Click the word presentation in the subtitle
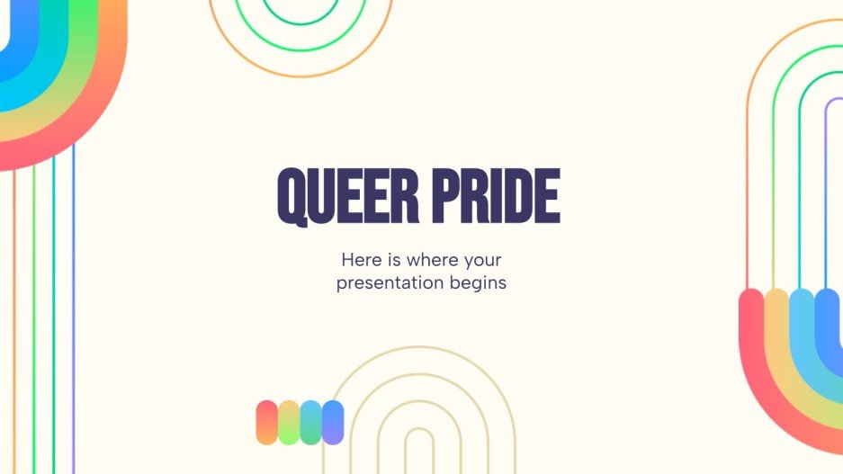[x=390, y=283]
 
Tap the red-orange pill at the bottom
[x=267, y=422]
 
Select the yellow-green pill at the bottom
[x=289, y=422]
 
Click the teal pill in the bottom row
[x=310, y=422]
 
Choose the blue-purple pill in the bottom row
[x=333, y=422]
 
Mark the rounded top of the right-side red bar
[x=751, y=299]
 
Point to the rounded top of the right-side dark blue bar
[x=828, y=299]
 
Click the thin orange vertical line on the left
[x=14, y=315]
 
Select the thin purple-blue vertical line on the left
[x=73, y=315]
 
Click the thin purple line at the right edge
[x=827, y=180]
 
